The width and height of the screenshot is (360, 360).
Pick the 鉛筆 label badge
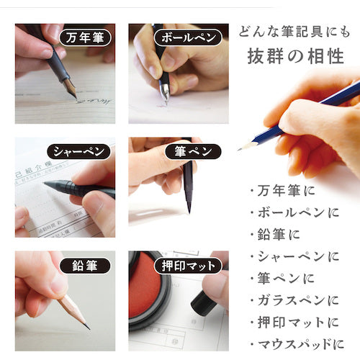pyautogui.click(x=81, y=265)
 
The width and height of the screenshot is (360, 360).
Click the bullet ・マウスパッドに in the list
pyautogui.click(x=295, y=343)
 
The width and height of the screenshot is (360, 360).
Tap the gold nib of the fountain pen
pyautogui.click(x=71, y=89)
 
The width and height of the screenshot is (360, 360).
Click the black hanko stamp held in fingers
pyautogui.click(x=203, y=302)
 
